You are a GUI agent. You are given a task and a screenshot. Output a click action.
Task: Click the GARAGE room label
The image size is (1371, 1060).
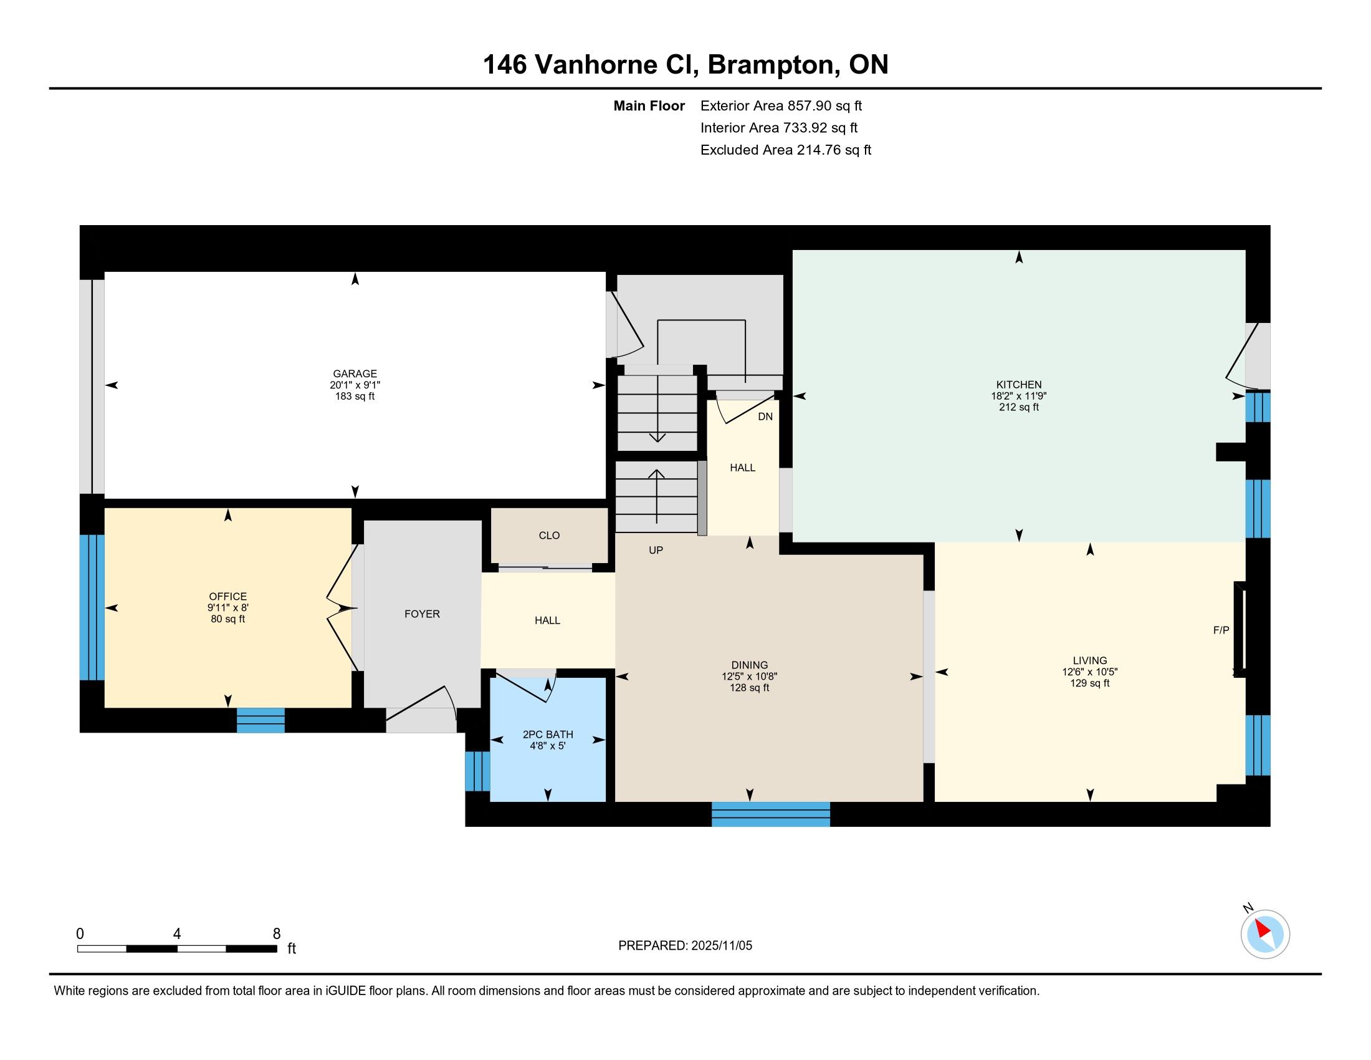(355, 373)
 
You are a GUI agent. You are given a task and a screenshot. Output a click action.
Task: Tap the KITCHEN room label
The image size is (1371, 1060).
(1019, 384)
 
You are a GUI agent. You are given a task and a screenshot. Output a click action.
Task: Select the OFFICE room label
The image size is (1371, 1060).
(228, 597)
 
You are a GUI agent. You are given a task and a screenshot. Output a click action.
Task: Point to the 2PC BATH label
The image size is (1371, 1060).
(548, 735)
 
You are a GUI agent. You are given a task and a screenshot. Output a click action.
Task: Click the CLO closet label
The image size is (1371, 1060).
(549, 536)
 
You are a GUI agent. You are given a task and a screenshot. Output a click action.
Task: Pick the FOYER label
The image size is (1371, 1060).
(422, 614)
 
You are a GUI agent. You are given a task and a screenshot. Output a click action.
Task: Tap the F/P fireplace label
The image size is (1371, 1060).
(1221, 630)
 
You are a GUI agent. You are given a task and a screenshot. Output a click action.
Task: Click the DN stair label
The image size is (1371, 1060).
(765, 417)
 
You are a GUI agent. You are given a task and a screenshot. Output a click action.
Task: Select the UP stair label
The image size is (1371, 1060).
(656, 550)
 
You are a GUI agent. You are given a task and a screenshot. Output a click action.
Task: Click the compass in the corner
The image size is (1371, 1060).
(1265, 934)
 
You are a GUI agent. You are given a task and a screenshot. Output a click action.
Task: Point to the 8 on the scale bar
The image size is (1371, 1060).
(277, 934)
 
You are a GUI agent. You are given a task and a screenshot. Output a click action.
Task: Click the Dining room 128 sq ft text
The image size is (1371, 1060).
(750, 688)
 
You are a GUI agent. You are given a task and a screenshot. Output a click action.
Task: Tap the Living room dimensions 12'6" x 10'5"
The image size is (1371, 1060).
(1090, 672)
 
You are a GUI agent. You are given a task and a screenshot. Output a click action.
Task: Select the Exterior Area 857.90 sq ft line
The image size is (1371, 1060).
(781, 106)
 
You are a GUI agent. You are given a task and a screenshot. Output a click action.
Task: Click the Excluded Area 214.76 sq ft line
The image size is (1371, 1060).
(786, 150)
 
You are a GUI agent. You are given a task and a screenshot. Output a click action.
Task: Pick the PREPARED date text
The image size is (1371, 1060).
(685, 946)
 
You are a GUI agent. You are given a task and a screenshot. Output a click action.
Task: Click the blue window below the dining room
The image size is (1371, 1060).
(771, 814)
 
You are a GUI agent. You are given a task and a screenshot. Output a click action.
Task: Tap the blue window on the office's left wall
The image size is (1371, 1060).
(92, 607)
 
